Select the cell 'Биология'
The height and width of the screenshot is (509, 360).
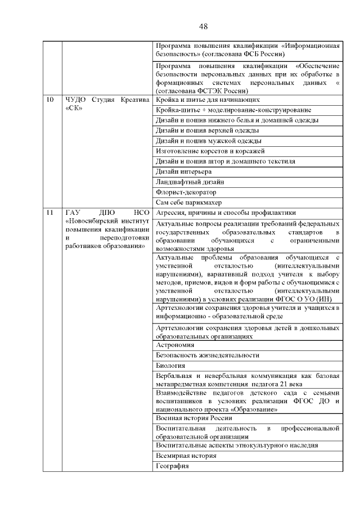[x=170, y=366]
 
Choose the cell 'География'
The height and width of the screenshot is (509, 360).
[x=172, y=466]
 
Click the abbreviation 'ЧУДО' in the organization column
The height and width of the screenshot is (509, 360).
[x=76, y=100]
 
